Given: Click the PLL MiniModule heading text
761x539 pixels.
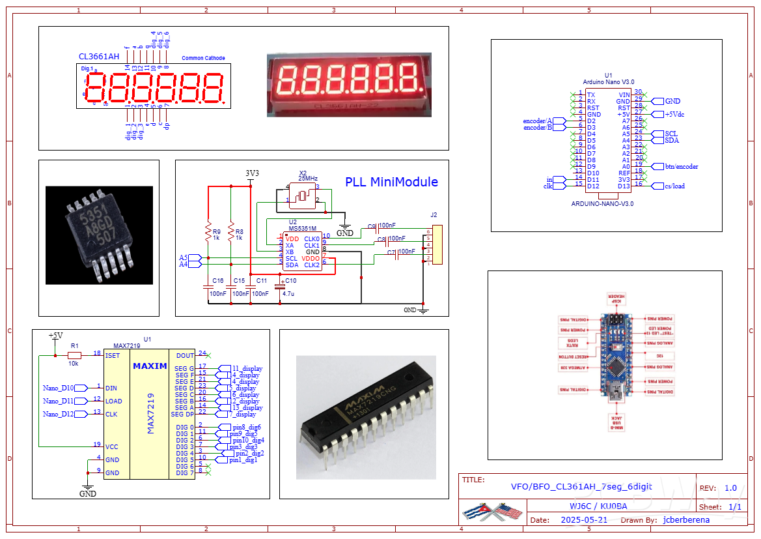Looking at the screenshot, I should click(x=391, y=182).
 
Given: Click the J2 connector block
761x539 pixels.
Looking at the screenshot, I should click(x=436, y=244).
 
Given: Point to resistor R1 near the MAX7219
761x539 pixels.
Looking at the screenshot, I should click(x=74, y=355).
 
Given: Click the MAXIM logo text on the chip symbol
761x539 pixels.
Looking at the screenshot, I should click(x=150, y=366).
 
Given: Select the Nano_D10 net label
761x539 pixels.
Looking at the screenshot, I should click(x=59, y=388).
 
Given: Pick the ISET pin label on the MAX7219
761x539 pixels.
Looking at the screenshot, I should click(x=113, y=355).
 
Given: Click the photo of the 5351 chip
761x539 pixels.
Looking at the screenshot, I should click(x=99, y=235).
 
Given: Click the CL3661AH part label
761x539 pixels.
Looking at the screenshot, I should click(x=98, y=57).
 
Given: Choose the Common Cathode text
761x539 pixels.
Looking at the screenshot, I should click(x=203, y=58).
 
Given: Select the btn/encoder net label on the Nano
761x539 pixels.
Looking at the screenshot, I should click(x=681, y=166).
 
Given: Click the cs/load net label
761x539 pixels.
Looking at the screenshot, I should click(x=674, y=186).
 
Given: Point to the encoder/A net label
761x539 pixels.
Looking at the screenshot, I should click(x=537, y=121).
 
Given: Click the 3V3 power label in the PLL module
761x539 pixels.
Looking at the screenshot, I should click(x=252, y=173).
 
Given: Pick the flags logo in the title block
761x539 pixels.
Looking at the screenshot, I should click(x=492, y=512).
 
